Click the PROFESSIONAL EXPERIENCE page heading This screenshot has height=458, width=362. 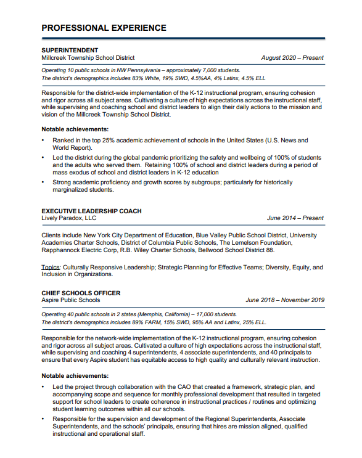tap(104, 28)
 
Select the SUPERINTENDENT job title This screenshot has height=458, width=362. tap(70, 49)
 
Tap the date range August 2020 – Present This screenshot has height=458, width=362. tap(292, 58)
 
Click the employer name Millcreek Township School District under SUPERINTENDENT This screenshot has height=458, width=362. tap(88, 57)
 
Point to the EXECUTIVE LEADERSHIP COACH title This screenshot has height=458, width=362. tap(91, 211)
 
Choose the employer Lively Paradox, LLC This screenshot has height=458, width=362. tap(69, 218)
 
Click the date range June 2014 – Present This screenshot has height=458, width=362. tap(295, 218)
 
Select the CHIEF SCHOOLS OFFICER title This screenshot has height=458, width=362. tap(81, 293)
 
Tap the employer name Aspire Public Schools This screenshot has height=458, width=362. tap(70, 300)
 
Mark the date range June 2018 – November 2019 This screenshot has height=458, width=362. tap(285, 300)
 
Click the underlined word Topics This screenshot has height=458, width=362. tap(50, 268)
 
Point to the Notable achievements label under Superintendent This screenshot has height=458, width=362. tap(75, 129)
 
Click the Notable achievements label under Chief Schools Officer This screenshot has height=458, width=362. tap(75, 375)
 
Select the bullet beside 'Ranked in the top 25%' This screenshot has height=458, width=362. tap(43, 141)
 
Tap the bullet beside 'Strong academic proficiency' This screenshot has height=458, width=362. tap(43, 182)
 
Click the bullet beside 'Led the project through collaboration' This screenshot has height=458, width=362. tap(43, 386)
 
